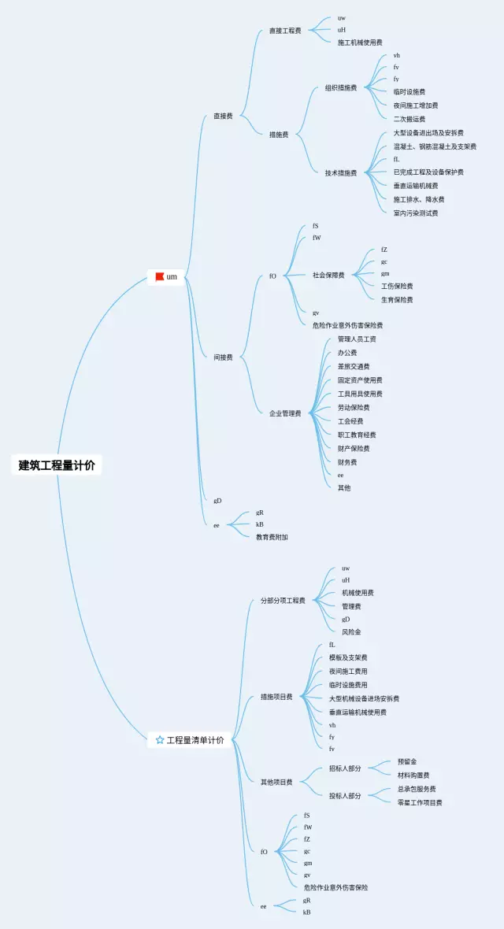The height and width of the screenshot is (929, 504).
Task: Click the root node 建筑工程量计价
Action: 57,465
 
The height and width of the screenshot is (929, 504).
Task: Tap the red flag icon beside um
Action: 160,276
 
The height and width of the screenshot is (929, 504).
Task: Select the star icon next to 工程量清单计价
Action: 160,740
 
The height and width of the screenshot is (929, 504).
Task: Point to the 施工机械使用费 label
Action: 360,43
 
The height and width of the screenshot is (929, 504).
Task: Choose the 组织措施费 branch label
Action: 341,88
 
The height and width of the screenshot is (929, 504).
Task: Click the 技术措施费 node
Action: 341,172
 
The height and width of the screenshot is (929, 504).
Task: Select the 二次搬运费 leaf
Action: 409,119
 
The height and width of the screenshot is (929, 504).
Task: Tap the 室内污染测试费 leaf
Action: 416,213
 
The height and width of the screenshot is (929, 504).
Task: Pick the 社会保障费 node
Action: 328,276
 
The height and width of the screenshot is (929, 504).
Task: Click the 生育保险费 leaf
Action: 397,300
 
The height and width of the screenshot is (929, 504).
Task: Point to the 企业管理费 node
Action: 285,413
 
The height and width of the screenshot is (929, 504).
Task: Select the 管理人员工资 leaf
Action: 357,339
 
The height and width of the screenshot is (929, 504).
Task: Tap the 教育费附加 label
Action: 272,537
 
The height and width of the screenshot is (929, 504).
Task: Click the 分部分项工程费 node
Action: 283,601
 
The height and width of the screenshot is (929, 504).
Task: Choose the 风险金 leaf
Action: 351,631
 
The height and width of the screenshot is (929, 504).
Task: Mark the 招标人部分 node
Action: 345,768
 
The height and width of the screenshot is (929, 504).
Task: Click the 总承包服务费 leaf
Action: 417,789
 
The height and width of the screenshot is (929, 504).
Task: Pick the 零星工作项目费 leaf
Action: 420,802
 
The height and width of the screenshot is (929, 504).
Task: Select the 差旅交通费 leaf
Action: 354,366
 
